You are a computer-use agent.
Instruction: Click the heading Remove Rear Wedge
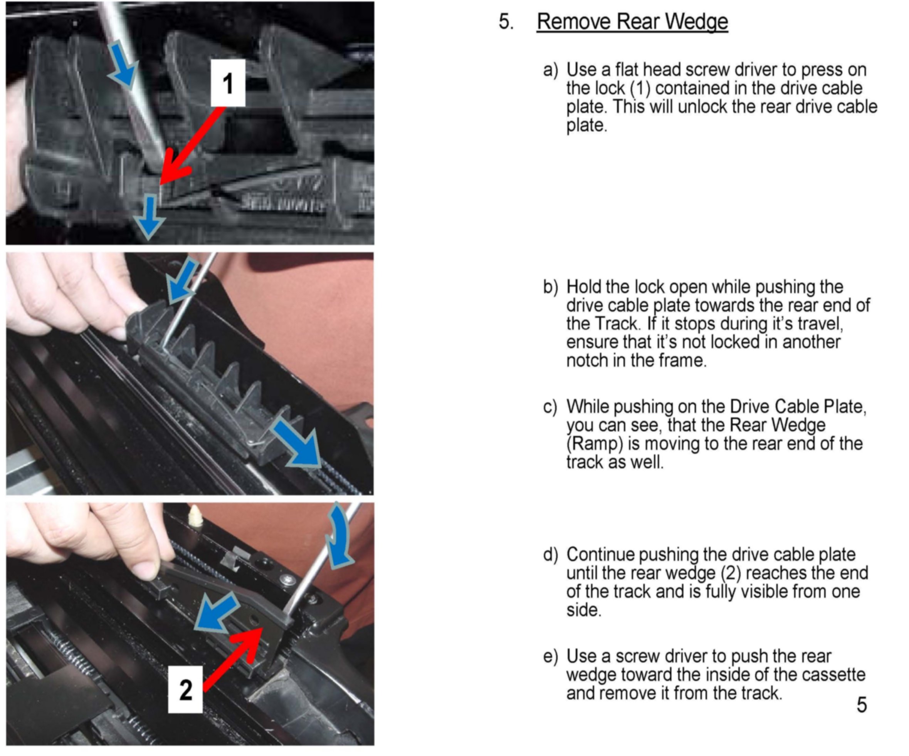coord(632,22)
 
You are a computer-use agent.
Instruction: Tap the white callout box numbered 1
coord(228,83)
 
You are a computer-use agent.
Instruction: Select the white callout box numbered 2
coord(185,689)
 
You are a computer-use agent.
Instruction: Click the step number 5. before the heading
coord(506,21)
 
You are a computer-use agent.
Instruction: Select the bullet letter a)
coord(551,70)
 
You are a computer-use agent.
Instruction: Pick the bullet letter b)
coord(551,287)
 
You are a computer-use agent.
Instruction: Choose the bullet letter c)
coord(550,407)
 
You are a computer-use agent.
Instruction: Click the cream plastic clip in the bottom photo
coord(196,515)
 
